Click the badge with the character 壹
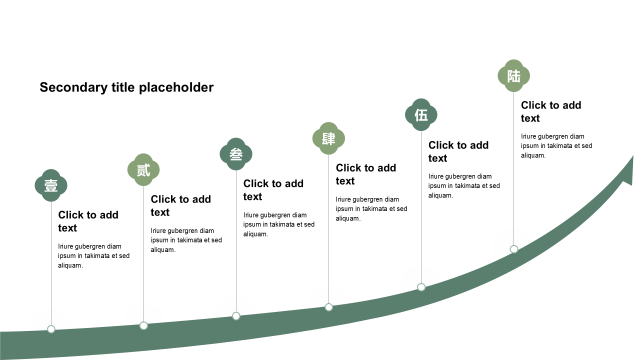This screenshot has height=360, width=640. [x=51, y=185]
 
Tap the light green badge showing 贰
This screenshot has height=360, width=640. [x=143, y=169]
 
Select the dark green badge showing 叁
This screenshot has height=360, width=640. [x=236, y=154]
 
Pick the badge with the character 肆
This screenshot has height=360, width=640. [x=328, y=138]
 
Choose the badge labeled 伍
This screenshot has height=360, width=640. [x=421, y=115]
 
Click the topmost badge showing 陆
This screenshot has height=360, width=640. [x=513, y=75]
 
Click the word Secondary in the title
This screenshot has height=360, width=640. [x=73, y=87]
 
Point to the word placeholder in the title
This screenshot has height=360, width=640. [x=176, y=87]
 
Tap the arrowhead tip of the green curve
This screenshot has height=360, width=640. [x=633, y=156]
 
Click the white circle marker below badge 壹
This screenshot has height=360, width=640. [x=51, y=329]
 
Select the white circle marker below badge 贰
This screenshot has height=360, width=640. [x=143, y=325]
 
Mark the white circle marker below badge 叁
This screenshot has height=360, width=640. [x=236, y=316]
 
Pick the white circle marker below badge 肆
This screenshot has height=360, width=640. [x=328, y=307]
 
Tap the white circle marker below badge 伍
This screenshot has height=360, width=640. [x=421, y=287]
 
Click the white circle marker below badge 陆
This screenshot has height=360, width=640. [x=513, y=249]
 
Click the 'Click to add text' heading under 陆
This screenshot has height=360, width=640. [x=551, y=111]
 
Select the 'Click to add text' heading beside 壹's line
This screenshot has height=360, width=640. [x=88, y=221]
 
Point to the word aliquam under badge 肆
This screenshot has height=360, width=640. [x=348, y=218]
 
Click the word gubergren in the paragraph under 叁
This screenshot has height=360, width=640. [x=275, y=215]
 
